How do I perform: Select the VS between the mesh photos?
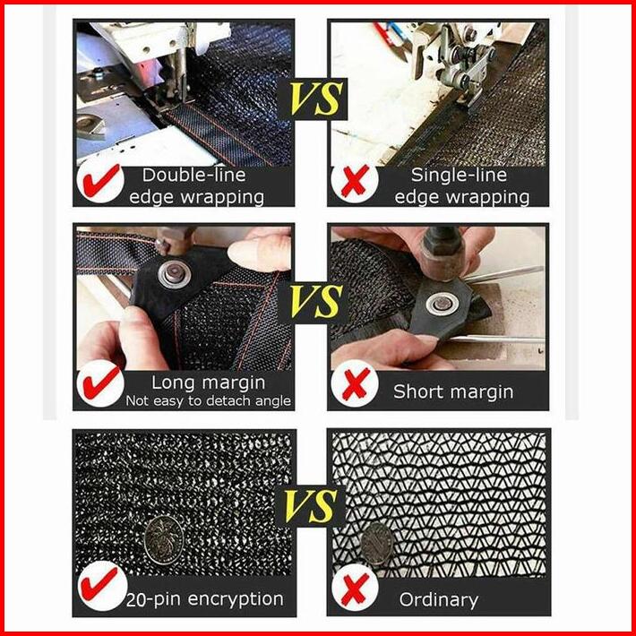312,507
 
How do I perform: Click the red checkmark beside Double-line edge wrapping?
101,180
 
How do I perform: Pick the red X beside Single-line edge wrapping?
355,180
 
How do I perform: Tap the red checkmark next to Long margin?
101,382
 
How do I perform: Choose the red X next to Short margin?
356,383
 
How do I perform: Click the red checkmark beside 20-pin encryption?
99,584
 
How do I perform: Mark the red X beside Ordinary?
355,589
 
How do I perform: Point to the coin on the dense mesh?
164,540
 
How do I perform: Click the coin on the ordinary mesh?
377,544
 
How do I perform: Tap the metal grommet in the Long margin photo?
175,274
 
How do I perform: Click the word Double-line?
193,176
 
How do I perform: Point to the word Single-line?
459,176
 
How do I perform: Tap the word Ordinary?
438,600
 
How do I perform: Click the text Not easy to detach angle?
208,401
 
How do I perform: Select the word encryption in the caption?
236,599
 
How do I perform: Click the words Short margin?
453,391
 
